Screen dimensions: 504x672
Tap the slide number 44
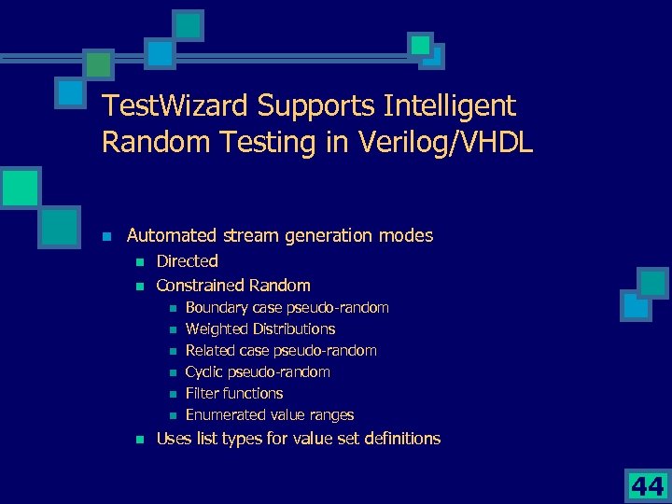pyautogui.click(x=646, y=484)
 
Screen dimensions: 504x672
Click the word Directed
pyautogui.click(x=187, y=261)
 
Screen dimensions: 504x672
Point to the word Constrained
pyautogui.click(x=200, y=286)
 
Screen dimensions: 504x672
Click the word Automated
pyautogui.click(x=168, y=236)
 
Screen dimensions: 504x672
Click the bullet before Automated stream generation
pyautogui.click(x=107, y=236)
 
